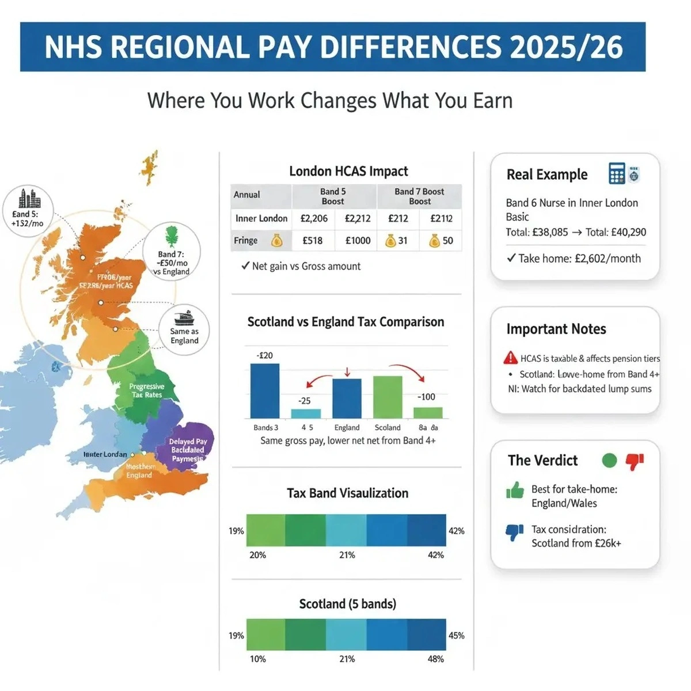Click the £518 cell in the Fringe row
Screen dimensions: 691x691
pos(312,241)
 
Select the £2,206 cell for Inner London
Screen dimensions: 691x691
pos(314,218)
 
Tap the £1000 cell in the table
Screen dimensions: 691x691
pos(358,241)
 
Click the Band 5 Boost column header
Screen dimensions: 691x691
pos(333,196)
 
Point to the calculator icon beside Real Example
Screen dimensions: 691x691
pos(616,173)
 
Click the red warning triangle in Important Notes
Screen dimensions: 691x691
pos(510,358)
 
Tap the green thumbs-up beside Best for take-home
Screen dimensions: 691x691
pos(515,491)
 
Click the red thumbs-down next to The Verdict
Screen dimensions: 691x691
pos(635,461)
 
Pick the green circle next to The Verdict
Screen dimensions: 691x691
pos(609,460)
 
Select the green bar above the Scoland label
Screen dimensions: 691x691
pos(388,397)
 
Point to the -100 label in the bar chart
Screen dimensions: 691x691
pos(426,397)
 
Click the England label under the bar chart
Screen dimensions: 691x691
pos(347,428)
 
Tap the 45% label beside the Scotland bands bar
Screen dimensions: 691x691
pos(456,636)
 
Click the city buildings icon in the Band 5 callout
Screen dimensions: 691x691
pos(29,199)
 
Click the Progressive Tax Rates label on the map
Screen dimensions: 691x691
pos(147,390)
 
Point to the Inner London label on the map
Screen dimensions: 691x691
pos(105,454)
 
